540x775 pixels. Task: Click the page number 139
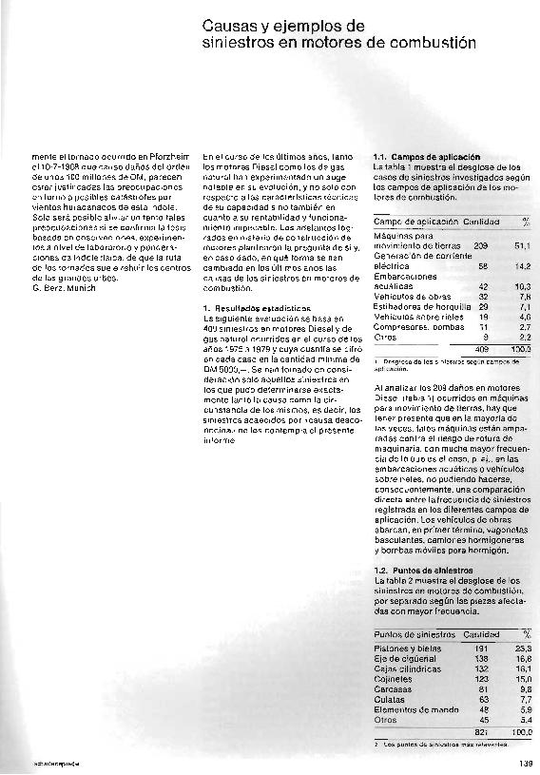point(525,762)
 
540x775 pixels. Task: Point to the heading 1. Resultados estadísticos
point(257,309)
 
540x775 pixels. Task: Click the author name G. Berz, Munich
point(64,287)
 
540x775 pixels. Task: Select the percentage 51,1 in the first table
point(521,245)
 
